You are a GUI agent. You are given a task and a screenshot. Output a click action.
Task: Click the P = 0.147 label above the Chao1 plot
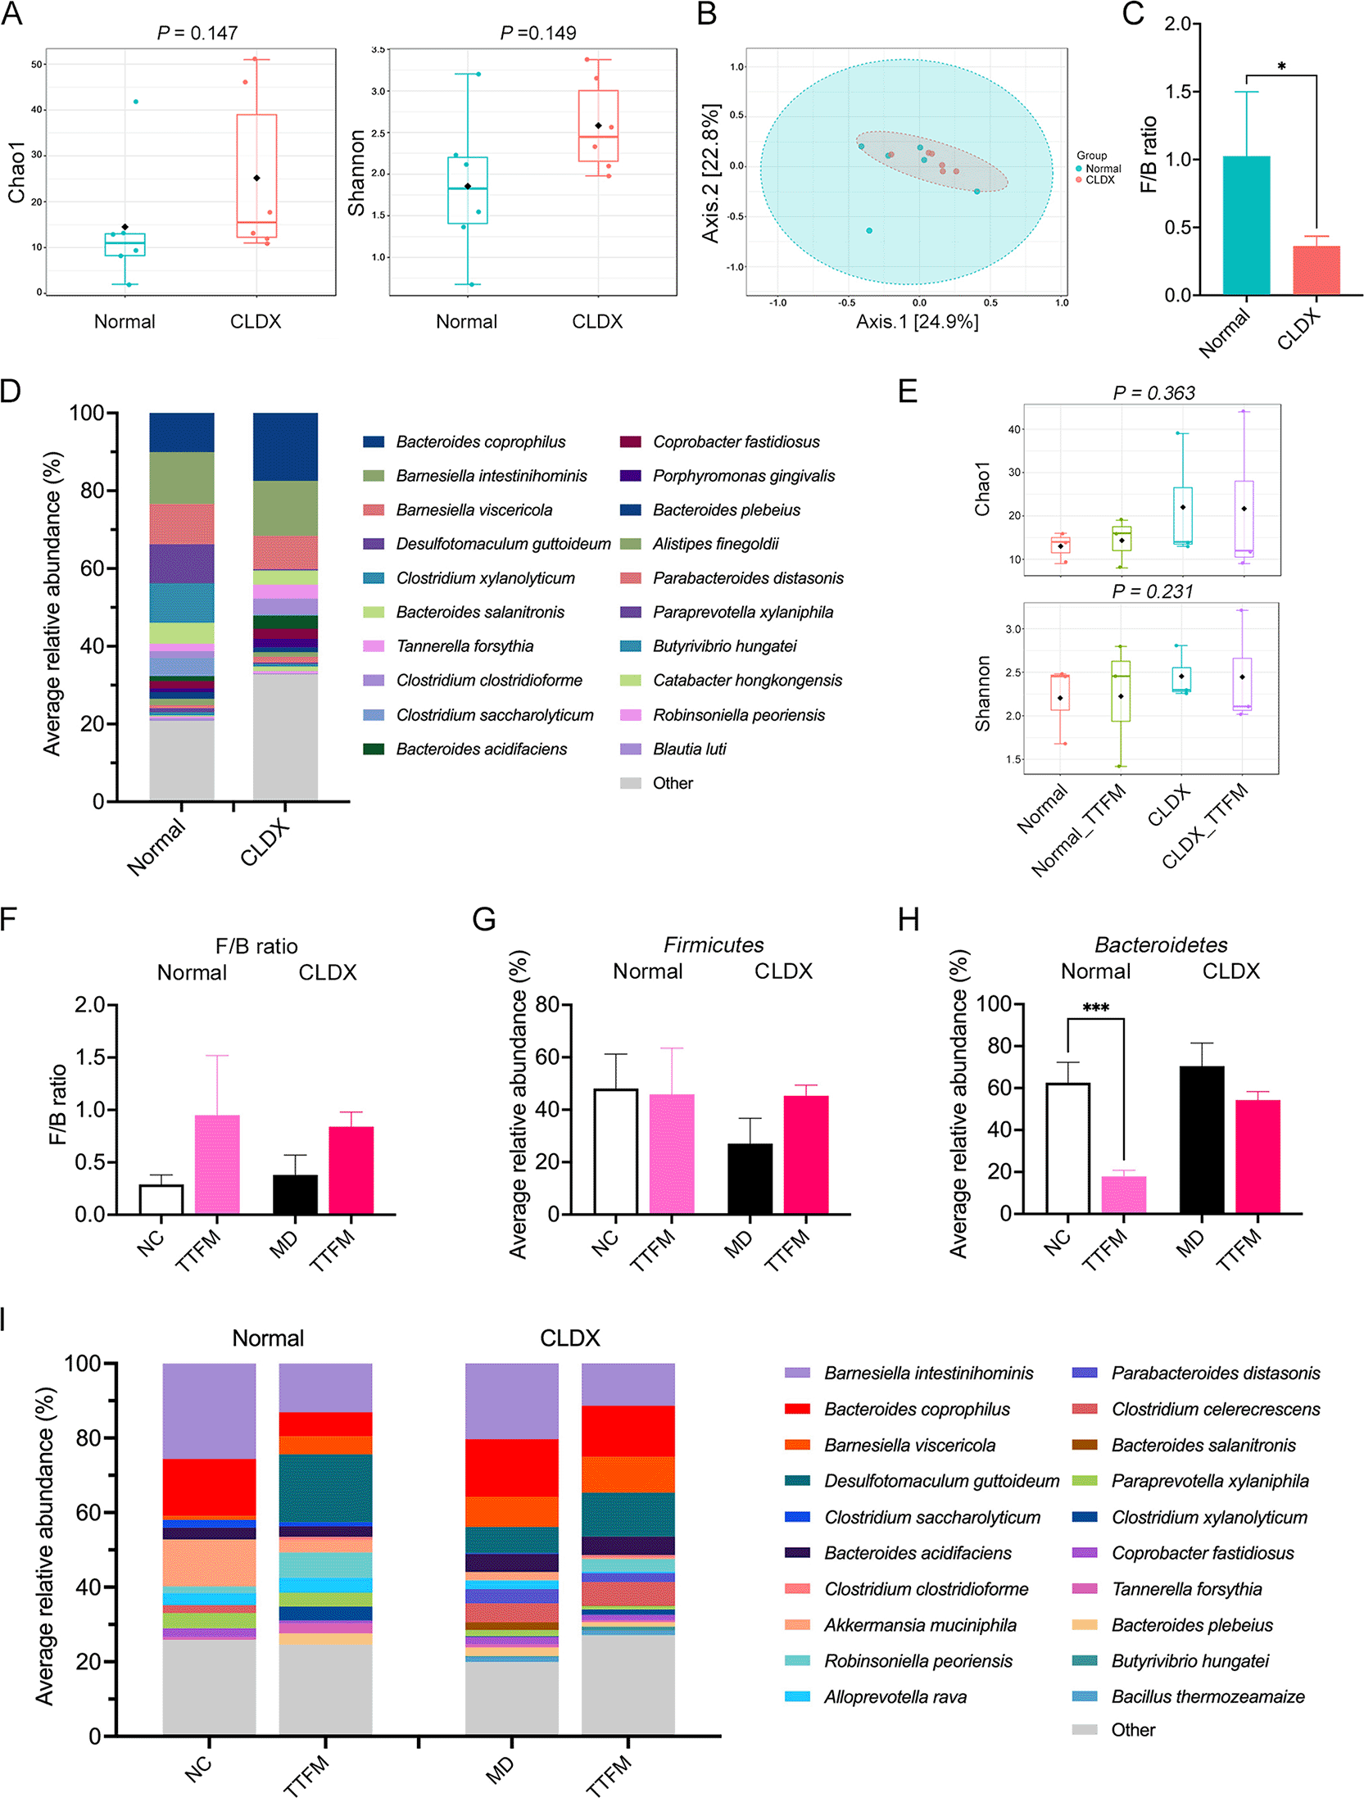197,33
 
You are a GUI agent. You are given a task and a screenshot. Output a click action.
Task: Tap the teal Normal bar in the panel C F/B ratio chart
1246,225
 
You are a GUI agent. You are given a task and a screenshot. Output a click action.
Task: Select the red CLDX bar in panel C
1316,270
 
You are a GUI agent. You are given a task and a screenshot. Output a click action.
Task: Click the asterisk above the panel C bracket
1281,66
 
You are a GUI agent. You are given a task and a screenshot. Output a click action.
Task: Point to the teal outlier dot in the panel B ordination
869,231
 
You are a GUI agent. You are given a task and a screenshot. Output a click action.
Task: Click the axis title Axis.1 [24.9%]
917,322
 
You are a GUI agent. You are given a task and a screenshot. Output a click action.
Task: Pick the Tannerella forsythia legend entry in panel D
464,646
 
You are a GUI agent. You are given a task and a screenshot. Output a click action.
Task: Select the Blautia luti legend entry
689,749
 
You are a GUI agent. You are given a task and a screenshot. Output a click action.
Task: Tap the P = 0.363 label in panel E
1153,393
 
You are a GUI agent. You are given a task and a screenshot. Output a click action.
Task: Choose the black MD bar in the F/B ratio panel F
295,1194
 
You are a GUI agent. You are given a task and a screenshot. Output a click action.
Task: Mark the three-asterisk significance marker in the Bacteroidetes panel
1095,1007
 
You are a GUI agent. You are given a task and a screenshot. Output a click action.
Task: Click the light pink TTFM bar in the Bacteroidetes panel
1123,1195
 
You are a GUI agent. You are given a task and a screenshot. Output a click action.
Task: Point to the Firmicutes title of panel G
713,945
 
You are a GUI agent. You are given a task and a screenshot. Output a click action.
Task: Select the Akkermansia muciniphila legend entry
919,1625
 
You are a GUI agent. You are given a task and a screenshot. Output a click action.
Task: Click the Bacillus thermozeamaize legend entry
1207,1696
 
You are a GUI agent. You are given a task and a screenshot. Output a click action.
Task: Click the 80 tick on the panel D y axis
92,491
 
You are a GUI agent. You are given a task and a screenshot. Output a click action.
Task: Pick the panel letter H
909,920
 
